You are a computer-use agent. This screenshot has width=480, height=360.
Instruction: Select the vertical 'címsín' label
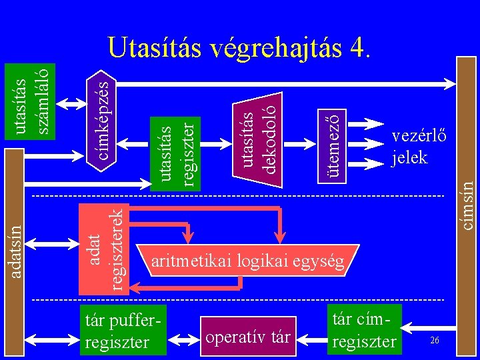pos(469,200)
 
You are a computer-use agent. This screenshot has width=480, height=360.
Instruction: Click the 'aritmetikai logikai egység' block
pos(248,262)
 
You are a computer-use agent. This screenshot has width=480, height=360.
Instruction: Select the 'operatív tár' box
pos(248,337)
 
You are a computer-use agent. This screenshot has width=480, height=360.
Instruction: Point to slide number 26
pos(434,341)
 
